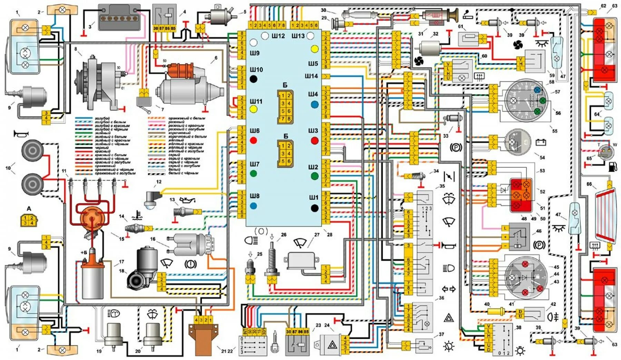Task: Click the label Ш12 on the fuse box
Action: (x=278, y=36)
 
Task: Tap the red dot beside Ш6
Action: (x=254, y=140)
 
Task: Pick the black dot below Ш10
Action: (x=254, y=79)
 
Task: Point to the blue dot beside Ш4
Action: (x=314, y=104)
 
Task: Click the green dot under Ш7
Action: (x=254, y=173)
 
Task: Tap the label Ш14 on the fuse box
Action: (x=311, y=76)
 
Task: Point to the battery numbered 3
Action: (x=119, y=17)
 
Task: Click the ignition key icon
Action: (x=275, y=342)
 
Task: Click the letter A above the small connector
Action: (x=29, y=208)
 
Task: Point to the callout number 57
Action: (x=558, y=92)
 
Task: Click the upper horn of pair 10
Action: (x=32, y=151)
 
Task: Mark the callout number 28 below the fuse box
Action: (x=329, y=234)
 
